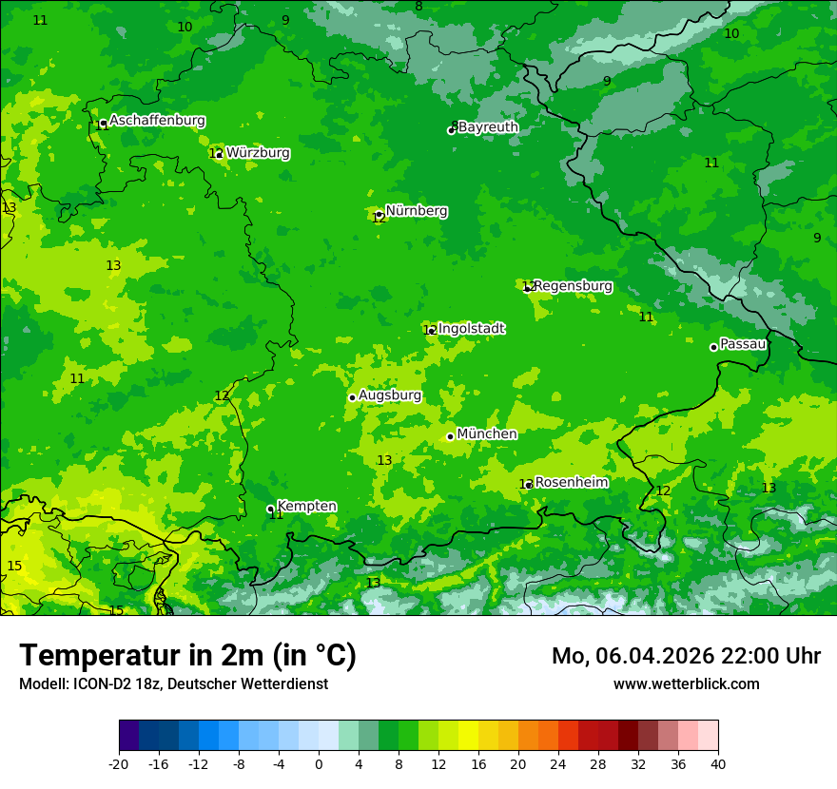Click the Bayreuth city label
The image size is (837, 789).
point(488,126)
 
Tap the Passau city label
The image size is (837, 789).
point(743,344)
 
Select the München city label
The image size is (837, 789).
point(487,433)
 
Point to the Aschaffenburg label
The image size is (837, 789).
point(157,121)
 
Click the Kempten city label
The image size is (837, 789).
point(306,506)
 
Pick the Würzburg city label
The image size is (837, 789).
point(258,152)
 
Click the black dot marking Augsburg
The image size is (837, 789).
point(352,397)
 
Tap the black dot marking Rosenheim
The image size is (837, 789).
point(529,485)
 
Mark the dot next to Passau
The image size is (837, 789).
point(713,347)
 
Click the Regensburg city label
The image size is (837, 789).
point(573,285)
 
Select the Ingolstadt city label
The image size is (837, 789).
point(471,328)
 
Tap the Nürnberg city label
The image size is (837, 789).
point(416,210)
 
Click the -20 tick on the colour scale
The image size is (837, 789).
point(119,763)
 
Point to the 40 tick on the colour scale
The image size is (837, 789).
point(718,763)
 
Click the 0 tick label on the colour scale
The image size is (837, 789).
point(319,763)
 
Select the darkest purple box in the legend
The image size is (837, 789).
point(128,736)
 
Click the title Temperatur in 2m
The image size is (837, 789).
point(187,655)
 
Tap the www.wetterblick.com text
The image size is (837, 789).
point(686,683)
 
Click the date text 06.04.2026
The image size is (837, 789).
point(654,656)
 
